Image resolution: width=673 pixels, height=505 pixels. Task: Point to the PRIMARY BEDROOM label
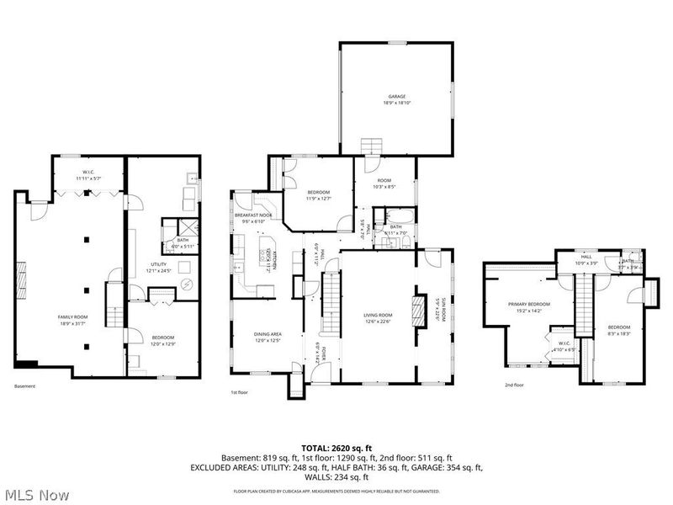coord(528,306)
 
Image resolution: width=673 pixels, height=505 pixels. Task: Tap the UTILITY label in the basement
coord(158,268)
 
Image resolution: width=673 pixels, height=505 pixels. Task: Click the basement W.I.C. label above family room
coord(88,176)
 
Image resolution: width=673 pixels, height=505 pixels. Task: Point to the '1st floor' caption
coord(240,392)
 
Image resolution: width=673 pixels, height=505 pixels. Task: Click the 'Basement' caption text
coord(24,386)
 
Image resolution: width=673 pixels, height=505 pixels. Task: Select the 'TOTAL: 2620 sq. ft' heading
coord(336,448)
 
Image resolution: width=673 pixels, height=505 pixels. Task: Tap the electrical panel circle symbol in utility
coord(186,285)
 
